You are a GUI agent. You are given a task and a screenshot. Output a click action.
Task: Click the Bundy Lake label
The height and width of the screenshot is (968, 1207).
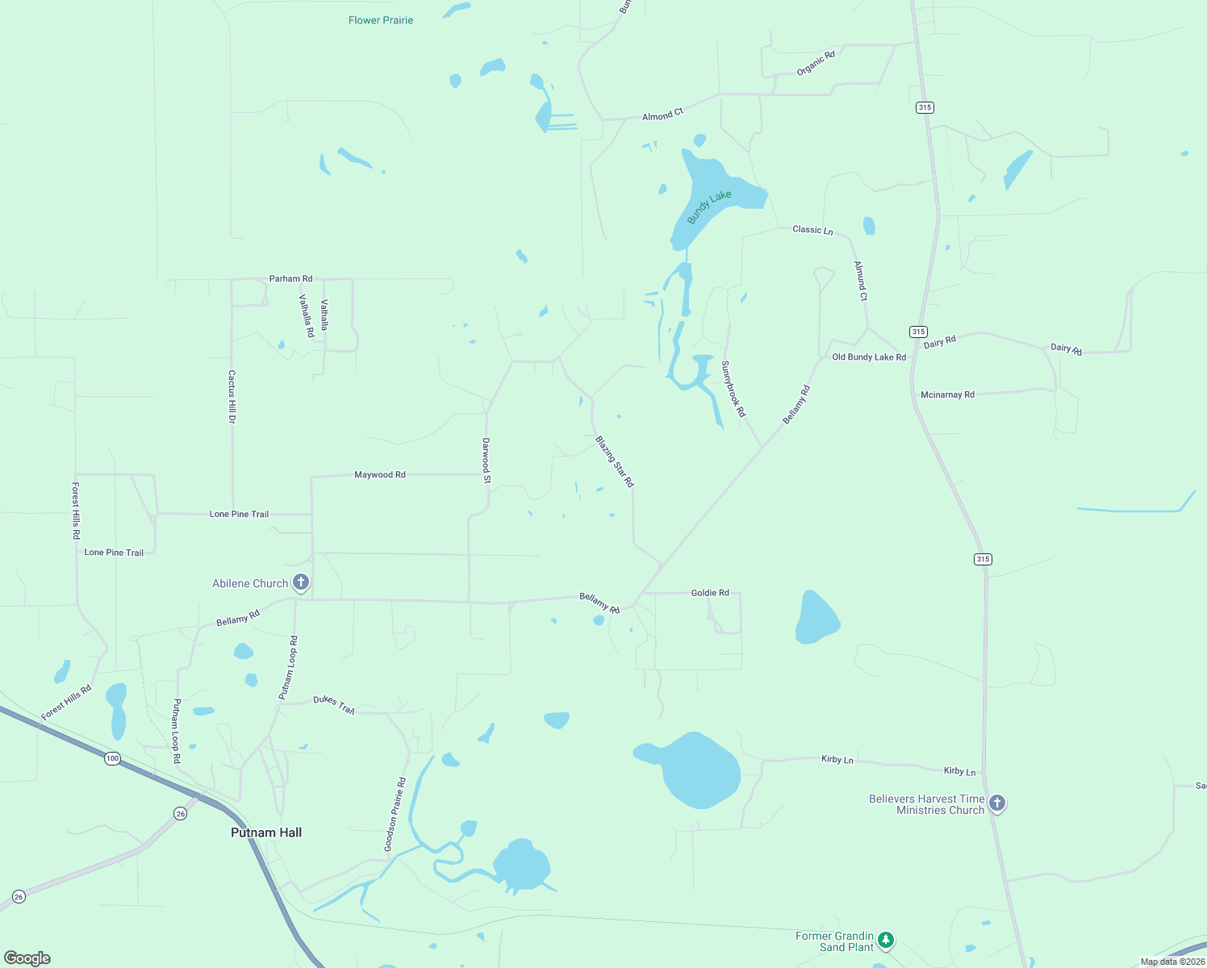point(709,207)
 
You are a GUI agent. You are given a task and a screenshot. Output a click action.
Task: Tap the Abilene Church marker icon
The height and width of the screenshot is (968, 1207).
point(300,582)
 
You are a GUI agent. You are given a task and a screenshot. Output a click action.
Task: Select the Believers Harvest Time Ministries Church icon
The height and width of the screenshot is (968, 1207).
point(996,803)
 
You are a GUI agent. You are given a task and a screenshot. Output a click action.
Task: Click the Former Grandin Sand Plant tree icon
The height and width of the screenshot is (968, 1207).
point(886,940)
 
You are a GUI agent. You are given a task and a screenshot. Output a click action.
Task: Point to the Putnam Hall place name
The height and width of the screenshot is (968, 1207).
point(266,832)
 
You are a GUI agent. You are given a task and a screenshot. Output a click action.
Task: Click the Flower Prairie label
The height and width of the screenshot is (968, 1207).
point(381,20)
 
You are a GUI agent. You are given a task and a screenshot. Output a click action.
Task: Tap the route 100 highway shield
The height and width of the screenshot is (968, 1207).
point(112,758)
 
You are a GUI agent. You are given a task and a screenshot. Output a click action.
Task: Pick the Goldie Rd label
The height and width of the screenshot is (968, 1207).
point(710,593)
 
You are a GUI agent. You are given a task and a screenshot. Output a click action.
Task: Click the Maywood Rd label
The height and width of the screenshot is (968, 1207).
point(380,475)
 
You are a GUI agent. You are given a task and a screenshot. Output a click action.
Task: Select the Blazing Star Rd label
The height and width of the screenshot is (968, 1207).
point(615,461)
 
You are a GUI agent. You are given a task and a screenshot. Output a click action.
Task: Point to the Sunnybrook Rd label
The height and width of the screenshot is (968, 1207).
point(733,389)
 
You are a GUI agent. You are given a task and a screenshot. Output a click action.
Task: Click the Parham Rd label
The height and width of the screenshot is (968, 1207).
point(290,279)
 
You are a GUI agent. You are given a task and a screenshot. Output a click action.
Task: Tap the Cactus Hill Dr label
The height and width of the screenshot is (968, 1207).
point(232,397)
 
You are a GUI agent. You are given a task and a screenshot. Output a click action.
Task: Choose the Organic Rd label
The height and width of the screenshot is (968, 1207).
point(816,63)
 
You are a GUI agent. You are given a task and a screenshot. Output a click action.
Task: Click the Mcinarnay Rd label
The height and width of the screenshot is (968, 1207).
point(947,395)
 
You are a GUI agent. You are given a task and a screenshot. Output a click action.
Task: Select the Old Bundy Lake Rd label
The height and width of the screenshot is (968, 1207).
point(869,357)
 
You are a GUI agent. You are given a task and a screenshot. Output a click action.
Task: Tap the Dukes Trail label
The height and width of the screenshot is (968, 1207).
point(334,704)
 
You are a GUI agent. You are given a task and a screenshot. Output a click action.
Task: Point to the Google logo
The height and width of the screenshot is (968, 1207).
point(27,958)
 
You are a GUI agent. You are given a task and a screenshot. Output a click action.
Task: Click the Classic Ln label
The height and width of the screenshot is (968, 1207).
point(812,230)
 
